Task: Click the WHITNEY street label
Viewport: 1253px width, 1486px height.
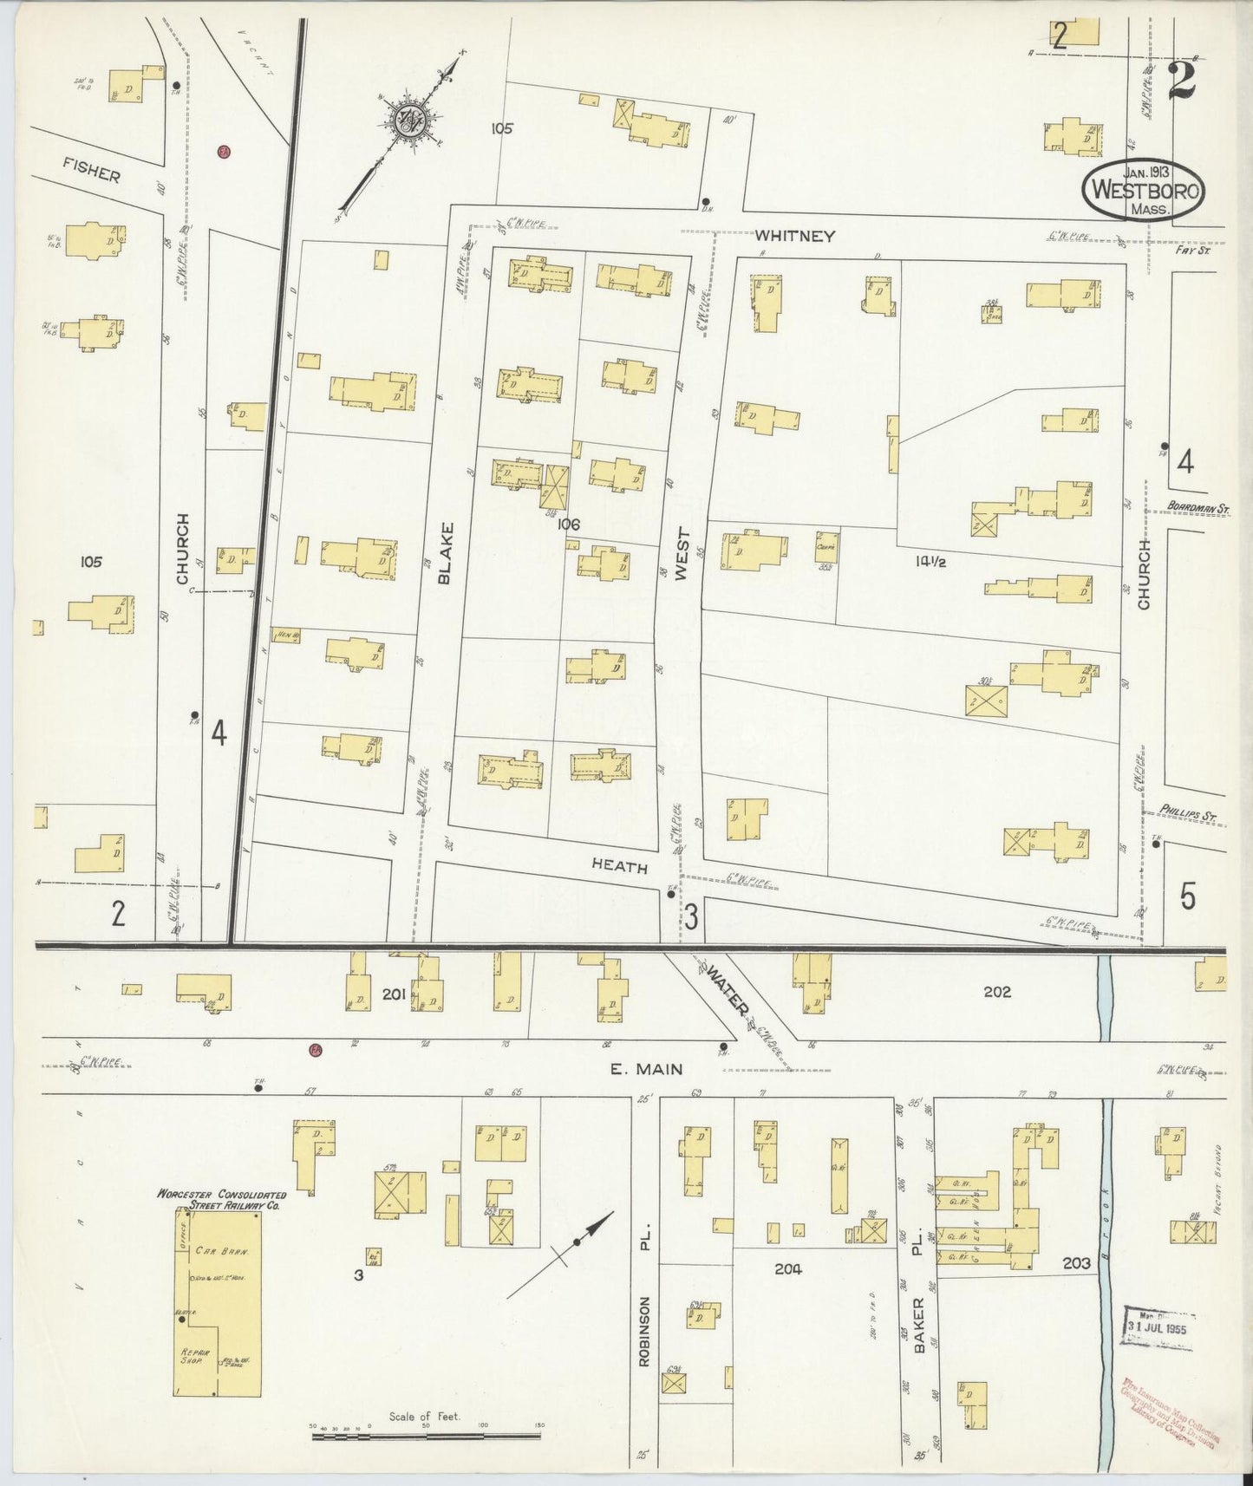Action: coord(793,236)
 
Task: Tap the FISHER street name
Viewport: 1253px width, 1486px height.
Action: coord(91,173)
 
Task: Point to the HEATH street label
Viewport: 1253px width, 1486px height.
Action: coord(619,864)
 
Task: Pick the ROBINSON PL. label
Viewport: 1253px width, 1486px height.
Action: coord(643,1287)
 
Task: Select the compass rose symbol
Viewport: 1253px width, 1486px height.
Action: coord(405,122)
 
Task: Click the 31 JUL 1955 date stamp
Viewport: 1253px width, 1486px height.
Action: coord(1156,1328)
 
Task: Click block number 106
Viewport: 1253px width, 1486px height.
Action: coord(569,524)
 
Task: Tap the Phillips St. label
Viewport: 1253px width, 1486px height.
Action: coord(1193,815)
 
